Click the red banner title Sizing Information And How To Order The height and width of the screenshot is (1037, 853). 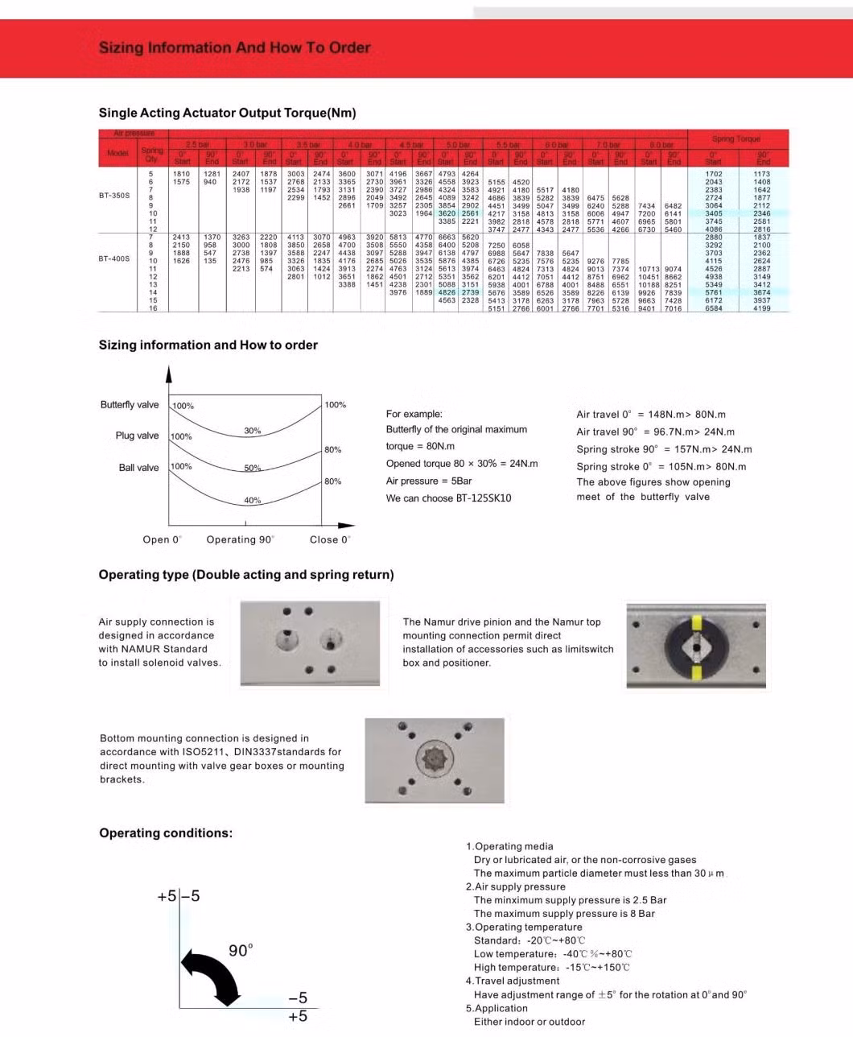coord(234,48)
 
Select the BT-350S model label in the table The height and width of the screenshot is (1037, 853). coord(113,196)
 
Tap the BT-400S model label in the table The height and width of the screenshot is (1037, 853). coord(113,259)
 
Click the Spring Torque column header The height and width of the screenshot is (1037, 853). coord(736,139)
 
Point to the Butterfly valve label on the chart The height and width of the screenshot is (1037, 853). coord(130,405)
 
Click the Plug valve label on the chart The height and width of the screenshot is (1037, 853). coord(137,436)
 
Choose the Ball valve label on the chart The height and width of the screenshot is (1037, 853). coord(138,468)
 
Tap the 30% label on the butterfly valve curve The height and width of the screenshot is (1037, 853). coord(253,432)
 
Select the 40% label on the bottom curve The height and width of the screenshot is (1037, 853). coord(253,501)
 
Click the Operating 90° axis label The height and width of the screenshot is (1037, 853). coord(240,539)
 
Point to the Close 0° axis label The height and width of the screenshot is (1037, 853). coord(330,539)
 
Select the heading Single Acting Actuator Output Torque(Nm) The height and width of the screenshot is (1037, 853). coord(227,113)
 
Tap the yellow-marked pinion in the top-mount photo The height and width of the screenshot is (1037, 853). coord(695,646)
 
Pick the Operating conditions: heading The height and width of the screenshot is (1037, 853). coord(165,833)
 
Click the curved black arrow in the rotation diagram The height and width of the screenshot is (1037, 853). coord(212,975)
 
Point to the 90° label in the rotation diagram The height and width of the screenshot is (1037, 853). coord(241,951)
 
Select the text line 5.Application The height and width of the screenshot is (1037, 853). coord(497,1008)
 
